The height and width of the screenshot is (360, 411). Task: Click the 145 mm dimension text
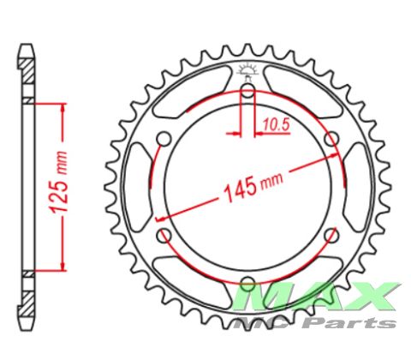(253, 186)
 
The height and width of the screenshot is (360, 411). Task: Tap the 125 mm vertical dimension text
(59, 183)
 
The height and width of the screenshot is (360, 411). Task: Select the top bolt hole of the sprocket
(248, 88)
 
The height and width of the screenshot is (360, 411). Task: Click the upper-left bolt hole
(164, 139)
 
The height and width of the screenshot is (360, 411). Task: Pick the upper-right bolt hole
(331, 139)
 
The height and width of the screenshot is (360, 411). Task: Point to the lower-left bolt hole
(164, 235)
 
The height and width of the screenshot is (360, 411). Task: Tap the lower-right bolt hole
(331, 235)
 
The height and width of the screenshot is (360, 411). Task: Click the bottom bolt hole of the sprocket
(247, 282)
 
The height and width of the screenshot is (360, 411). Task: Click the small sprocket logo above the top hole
(247, 69)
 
